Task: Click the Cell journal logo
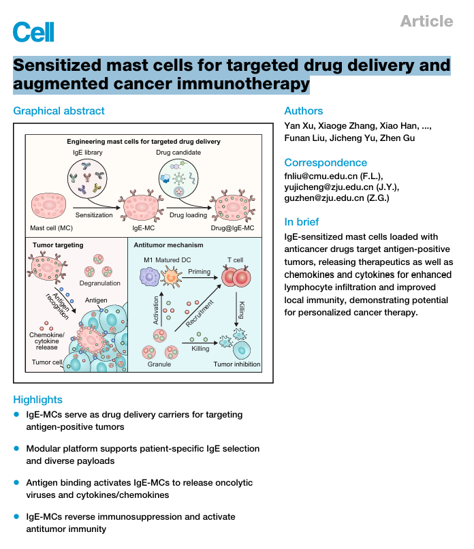click(x=33, y=31)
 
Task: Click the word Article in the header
click(x=426, y=21)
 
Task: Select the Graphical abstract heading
click(x=59, y=111)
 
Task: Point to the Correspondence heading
click(x=326, y=163)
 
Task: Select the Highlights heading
click(x=37, y=400)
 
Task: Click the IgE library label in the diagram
click(x=88, y=153)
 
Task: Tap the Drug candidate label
click(x=179, y=153)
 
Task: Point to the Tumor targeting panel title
click(x=58, y=245)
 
